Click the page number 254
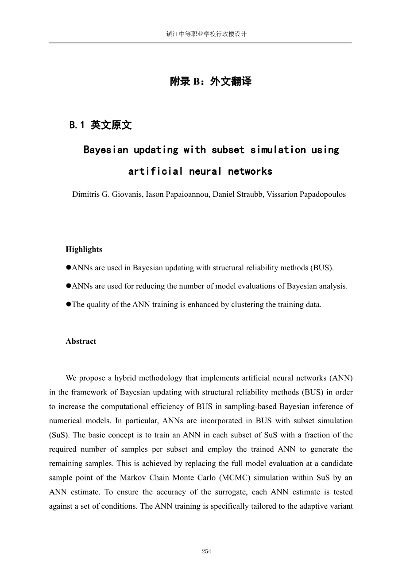tap(206, 551)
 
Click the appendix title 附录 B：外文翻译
tap(210, 81)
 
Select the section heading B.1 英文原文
tap(101, 125)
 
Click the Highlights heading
tap(84, 249)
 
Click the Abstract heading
tap(81, 341)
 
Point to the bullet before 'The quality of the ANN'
tap(69, 304)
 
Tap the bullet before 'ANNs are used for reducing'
tap(69, 286)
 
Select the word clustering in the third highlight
tap(242, 305)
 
